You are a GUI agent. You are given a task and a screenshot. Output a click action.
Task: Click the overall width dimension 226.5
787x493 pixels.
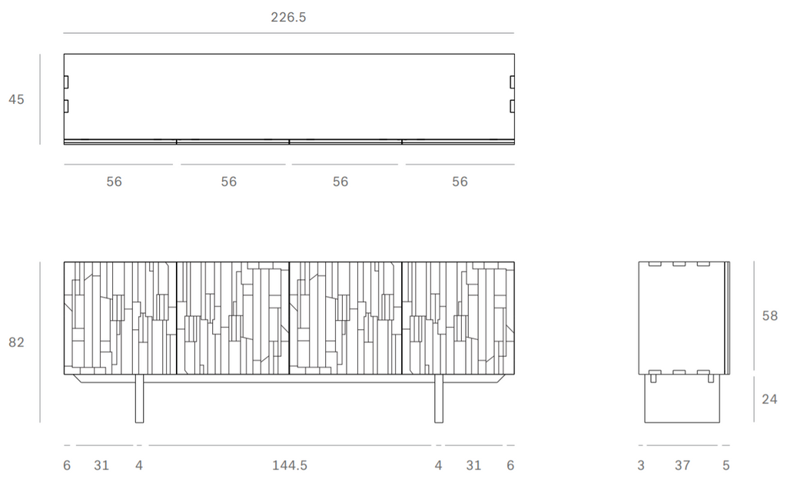pos(288,17)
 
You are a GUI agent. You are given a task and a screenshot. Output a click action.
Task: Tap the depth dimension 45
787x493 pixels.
pos(16,99)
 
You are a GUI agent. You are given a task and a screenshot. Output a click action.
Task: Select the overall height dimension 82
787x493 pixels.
pos(16,342)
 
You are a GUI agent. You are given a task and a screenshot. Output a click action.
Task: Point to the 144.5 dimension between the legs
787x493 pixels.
pos(290,465)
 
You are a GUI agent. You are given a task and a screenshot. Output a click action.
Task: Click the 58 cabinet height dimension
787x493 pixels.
pos(769,316)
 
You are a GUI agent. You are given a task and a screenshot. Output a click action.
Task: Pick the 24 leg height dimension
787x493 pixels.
pos(769,399)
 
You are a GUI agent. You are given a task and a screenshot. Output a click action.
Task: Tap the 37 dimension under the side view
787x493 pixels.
pos(682,465)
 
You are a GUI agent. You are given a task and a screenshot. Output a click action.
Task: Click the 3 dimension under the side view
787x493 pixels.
pos(641,465)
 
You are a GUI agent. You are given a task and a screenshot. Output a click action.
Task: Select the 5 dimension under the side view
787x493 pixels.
pos(726,465)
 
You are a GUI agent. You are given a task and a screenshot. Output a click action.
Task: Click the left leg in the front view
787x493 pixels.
pos(140,398)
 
